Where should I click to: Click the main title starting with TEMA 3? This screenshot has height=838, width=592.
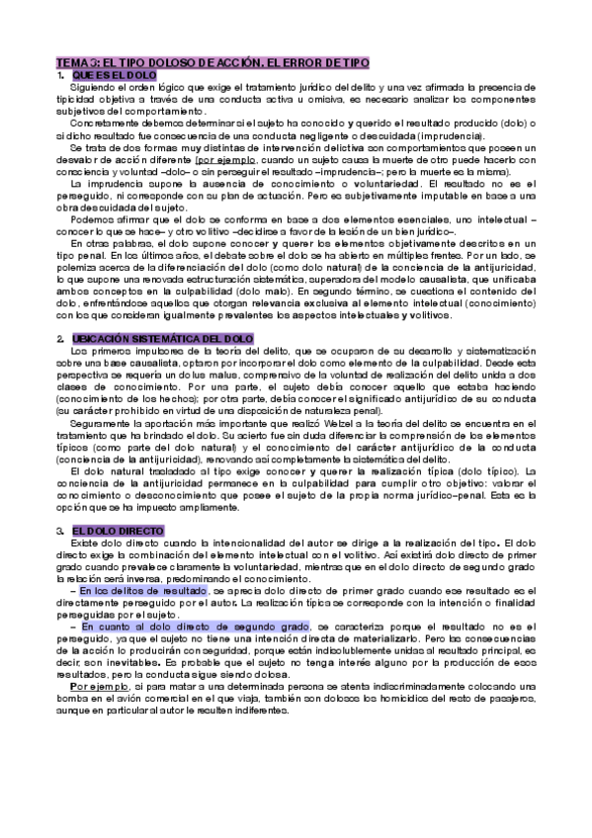pos(212,62)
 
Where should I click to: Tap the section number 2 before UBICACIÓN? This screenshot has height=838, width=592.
pos(59,338)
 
